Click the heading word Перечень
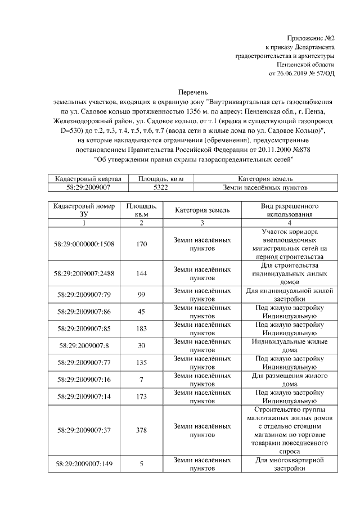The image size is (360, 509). (x=193, y=92)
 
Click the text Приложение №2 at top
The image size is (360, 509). (x=310, y=38)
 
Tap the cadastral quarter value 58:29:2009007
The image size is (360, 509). (x=88, y=187)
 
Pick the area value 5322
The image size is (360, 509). (x=160, y=187)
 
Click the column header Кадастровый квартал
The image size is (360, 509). (x=88, y=178)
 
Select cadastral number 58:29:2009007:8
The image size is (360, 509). (x=84, y=345)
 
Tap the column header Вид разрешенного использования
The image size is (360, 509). (x=289, y=210)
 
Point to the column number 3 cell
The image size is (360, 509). (x=202, y=223)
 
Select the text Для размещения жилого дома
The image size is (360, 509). (x=289, y=379)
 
